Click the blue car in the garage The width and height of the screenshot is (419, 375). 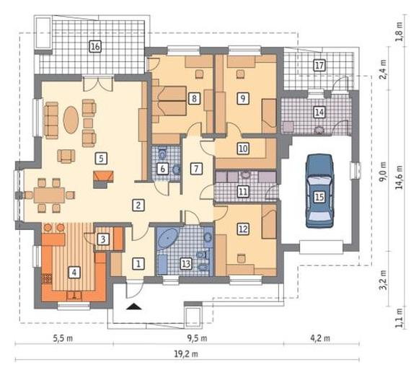click(x=319, y=191)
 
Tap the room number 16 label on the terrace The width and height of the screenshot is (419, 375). click(x=95, y=46)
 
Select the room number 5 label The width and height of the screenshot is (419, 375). click(x=101, y=159)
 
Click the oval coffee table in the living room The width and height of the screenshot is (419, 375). click(x=71, y=120)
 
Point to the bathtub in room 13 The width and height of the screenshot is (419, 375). click(x=168, y=238)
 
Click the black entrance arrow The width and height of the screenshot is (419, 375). click(x=134, y=306)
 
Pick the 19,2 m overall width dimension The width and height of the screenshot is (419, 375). click(x=186, y=354)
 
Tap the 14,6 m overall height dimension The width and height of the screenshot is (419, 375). click(x=400, y=177)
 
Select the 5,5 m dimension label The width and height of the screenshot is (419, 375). click(x=63, y=338)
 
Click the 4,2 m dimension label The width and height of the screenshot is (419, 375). click(x=320, y=338)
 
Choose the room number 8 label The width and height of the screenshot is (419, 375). click(x=194, y=98)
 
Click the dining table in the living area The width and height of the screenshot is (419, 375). click(x=49, y=195)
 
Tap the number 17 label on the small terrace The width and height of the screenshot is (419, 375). click(x=319, y=65)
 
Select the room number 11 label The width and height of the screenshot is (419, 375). click(x=243, y=192)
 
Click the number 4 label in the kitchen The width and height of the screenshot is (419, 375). click(x=74, y=273)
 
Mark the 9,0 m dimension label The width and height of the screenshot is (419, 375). click(x=384, y=172)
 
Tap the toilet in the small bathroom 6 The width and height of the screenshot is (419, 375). click(x=162, y=153)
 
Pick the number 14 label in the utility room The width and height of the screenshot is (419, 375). click(x=319, y=112)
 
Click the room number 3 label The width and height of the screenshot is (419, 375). click(x=103, y=239)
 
